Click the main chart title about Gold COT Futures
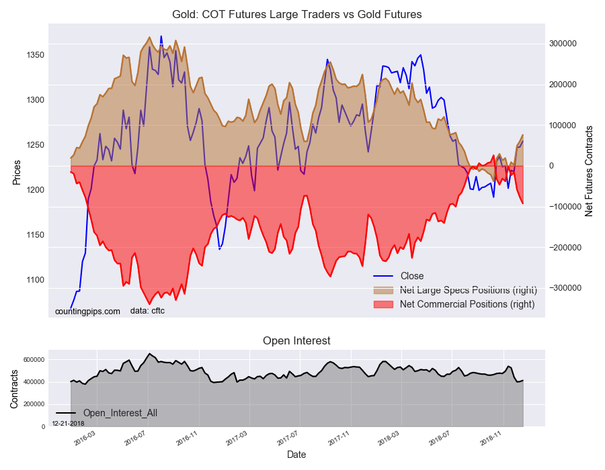(x=296, y=15)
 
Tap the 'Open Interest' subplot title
(x=296, y=341)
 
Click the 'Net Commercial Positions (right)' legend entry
(x=454, y=304)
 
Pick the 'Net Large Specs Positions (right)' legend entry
(x=455, y=289)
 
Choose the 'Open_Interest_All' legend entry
(x=107, y=413)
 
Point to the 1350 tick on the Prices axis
(x=35, y=55)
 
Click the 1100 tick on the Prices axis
(x=35, y=280)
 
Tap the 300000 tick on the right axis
(x=563, y=44)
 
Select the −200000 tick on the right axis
(x=565, y=247)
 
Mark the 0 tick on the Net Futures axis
(x=551, y=166)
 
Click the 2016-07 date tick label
(x=135, y=439)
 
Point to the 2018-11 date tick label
(x=491, y=439)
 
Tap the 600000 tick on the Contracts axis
(x=35, y=360)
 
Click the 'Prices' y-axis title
(x=17, y=173)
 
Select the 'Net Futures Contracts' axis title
(x=589, y=171)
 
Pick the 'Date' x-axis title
(x=296, y=455)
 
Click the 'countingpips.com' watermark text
(x=87, y=312)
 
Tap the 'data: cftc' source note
(x=147, y=311)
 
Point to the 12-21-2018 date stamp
(x=69, y=424)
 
